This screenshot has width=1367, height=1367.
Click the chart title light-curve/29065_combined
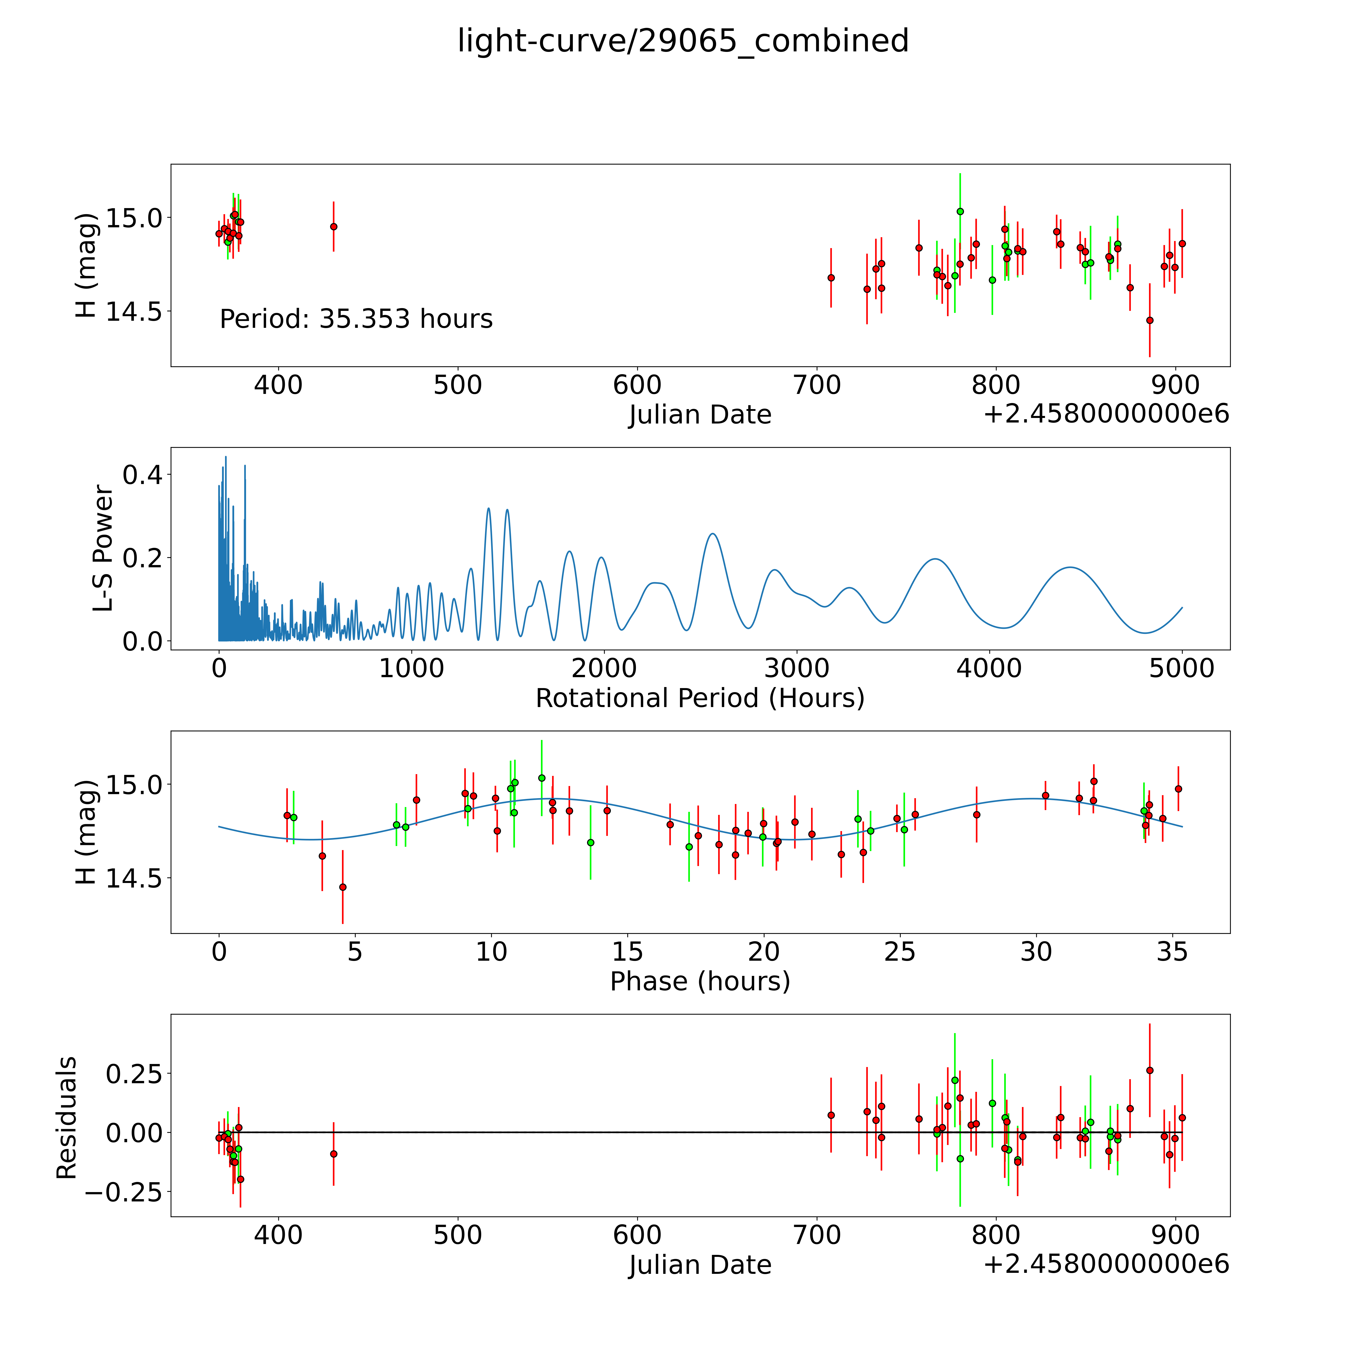[x=683, y=41]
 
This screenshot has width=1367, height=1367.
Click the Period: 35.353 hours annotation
[x=356, y=319]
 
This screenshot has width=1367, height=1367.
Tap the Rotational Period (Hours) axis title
[x=700, y=698]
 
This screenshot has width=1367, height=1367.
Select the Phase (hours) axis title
[x=700, y=981]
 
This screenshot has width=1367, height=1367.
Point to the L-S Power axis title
[x=103, y=548]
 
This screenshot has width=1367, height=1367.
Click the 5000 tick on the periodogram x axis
[x=1182, y=669]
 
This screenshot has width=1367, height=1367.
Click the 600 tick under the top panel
[x=637, y=386]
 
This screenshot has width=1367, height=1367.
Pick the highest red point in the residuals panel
[x=1150, y=1071]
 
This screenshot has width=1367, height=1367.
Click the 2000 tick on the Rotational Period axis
[x=604, y=669]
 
